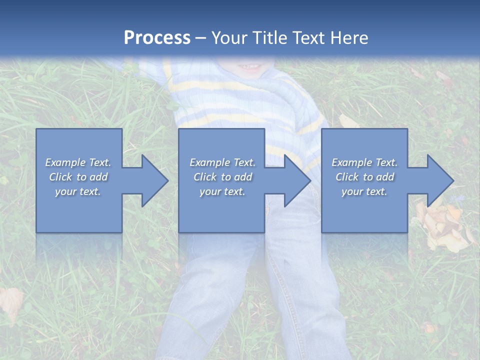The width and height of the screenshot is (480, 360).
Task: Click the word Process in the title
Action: click(x=157, y=38)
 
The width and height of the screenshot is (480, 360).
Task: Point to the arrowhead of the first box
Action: click(x=154, y=180)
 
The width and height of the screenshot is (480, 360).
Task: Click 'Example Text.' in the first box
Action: click(x=78, y=162)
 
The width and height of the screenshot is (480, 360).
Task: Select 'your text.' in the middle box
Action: click(x=222, y=191)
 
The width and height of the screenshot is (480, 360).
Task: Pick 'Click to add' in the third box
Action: click(x=364, y=177)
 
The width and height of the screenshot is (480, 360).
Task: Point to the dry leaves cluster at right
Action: click(x=442, y=225)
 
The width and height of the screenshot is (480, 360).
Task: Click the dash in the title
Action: click(x=200, y=38)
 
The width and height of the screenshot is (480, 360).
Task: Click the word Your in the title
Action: click(x=227, y=38)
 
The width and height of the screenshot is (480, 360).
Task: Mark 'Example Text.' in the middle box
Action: click(x=222, y=162)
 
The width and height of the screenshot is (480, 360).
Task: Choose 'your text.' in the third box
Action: click(x=364, y=191)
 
